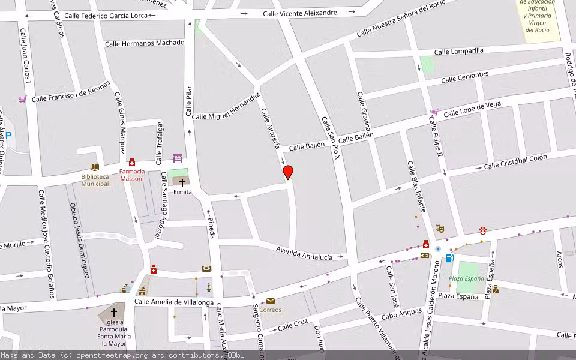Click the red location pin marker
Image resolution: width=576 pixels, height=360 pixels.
point(288,172)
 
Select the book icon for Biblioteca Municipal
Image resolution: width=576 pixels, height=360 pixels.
point(95,167)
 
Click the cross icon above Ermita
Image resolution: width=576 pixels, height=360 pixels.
point(182,182)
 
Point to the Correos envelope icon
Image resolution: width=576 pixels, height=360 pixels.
point(271,301)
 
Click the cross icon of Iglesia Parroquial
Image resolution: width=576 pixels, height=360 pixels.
point(114,312)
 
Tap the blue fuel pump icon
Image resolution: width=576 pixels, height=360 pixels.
point(449,258)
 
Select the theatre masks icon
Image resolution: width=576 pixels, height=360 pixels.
point(439,228)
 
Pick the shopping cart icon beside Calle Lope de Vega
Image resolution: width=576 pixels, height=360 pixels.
point(434,112)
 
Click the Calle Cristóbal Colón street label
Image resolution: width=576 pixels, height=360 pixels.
point(515,161)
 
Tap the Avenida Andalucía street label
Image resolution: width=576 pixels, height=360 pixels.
point(304,253)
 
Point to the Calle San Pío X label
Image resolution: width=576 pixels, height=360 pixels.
point(331,138)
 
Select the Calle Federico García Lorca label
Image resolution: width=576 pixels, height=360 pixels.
point(106,16)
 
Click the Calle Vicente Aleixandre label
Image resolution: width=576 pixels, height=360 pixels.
point(300,13)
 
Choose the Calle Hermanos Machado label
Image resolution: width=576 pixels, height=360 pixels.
point(145,43)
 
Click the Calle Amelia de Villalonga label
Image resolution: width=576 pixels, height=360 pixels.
point(174,302)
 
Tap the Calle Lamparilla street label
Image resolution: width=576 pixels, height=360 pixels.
point(458,52)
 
